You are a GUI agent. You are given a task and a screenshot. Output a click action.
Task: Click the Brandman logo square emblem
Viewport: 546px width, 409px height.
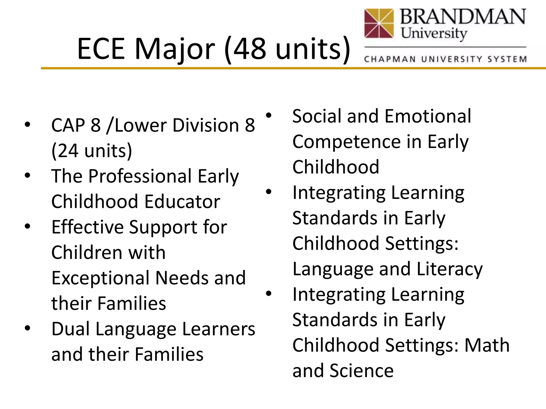point(379,23)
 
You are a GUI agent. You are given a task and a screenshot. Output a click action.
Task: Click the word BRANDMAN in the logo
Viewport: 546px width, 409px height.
point(463,17)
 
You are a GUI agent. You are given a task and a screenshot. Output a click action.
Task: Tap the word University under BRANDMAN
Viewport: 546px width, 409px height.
point(434,34)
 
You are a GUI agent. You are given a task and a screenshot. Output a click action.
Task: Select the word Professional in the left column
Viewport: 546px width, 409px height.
point(140,176)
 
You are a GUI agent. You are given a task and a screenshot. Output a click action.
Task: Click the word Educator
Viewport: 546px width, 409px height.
point(182,202)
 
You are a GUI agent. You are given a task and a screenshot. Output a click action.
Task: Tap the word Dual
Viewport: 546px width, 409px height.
point(70,329)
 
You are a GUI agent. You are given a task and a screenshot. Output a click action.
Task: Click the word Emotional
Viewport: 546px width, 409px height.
point(428,116)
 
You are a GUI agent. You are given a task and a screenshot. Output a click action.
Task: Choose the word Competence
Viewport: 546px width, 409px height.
point(346,142)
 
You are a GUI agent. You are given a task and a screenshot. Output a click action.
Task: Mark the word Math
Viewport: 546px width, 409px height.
point(487,345)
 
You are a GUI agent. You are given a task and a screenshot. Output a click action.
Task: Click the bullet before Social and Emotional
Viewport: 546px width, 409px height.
point(268,115)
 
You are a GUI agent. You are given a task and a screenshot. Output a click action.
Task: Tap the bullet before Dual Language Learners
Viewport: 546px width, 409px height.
point(27,328)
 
